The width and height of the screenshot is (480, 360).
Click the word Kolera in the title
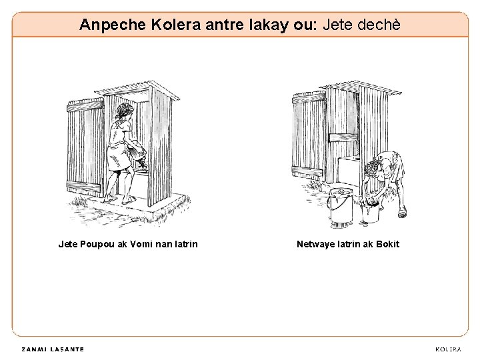point(176,25)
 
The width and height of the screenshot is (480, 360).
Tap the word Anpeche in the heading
point(113,25)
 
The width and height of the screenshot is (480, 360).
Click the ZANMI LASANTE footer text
point(53,349)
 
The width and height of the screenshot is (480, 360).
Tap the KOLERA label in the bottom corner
point(448,349)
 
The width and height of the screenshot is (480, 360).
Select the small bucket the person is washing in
point(370,212)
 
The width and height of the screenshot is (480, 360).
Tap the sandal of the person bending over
point(402,212)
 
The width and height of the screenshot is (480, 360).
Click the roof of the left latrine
point(137,90)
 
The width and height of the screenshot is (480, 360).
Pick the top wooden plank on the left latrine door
point(85,105)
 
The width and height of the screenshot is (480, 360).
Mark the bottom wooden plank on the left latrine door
point(84,186)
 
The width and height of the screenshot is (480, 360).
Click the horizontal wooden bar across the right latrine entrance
point(343,137)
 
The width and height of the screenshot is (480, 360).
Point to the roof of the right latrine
point(361,87)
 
